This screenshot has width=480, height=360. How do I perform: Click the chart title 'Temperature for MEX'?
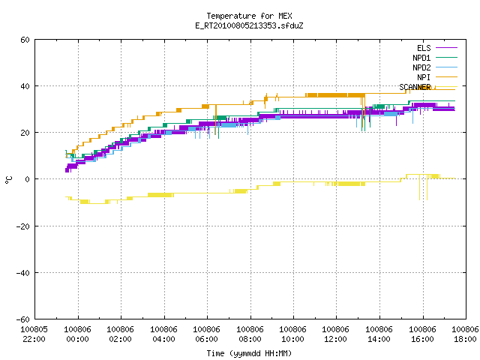click(x=249, y=16)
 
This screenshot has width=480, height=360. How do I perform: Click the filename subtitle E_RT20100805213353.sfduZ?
click(x=249, y=25)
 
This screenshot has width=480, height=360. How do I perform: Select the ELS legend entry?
click(x=436, y=48)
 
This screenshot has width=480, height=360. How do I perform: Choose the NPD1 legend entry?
click(x=435, y=58)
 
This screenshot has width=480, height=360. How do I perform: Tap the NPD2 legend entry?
click(x=435, y=67)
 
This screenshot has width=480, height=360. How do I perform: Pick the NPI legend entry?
click(x=436, y=77)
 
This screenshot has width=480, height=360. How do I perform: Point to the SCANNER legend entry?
click(x=428, y=87)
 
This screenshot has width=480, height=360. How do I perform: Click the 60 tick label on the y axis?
click(x=25, y=40)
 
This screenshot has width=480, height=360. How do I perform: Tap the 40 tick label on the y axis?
click(x=25, y=86)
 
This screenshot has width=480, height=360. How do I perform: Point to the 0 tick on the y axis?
click(x=28, y=179)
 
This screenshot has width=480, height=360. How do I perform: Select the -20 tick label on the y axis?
click(x=23, y=226)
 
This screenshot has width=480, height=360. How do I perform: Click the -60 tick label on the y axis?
click(x=23, y=319)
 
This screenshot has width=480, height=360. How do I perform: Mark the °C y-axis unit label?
click(x=8, y=180)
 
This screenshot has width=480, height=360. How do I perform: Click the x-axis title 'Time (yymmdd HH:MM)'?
click(x=249, y=353)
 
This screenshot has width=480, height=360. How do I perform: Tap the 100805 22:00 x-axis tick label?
click(x=34, y=334)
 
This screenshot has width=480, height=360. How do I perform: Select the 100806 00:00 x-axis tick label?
click(x=77, y=334)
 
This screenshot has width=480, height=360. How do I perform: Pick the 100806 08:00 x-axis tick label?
click(x=250, y=334)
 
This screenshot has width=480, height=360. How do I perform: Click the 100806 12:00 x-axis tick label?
click(x=336, y=334)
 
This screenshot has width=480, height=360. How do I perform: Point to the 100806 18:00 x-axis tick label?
click(x=465, y=334)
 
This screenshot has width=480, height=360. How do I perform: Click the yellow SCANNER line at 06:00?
click(x=207, y=193)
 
